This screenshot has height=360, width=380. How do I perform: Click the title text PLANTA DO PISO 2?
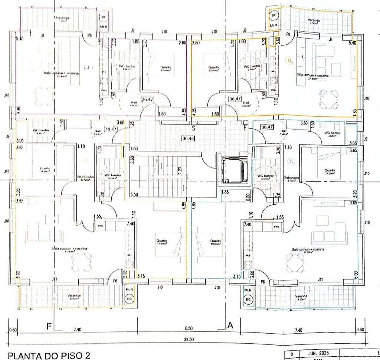[x=49, y=356]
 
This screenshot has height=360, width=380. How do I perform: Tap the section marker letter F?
[x=49, y=327]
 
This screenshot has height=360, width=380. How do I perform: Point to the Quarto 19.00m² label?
[x=215, y=242]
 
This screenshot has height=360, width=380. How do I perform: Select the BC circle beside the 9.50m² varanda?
[x=248, y=299]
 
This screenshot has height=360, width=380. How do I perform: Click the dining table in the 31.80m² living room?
[x=296, y=263]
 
